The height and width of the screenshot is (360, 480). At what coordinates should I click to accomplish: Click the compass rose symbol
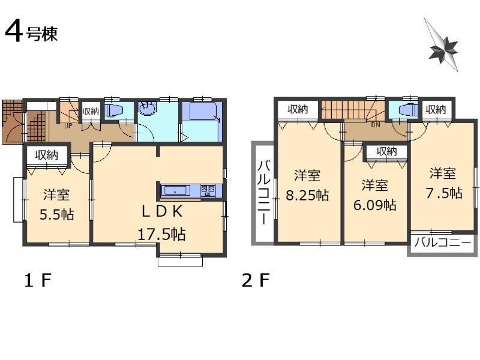click(442, 46)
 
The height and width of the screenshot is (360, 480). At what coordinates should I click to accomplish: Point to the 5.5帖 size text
click(58, 214)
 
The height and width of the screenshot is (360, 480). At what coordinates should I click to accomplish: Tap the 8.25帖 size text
click(307, 195)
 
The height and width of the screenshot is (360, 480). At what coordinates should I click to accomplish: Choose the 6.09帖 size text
click(375, 205)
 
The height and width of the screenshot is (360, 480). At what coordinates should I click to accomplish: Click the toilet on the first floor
click(113, 110)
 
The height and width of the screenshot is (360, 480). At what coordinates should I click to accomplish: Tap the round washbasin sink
click(147, 109)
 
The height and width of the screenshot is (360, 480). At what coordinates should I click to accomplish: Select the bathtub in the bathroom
click(202, 112)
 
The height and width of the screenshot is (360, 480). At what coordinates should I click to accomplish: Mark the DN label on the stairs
click(376, 126)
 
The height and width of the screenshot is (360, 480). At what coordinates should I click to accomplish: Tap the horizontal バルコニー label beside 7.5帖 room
click(443, 244)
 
